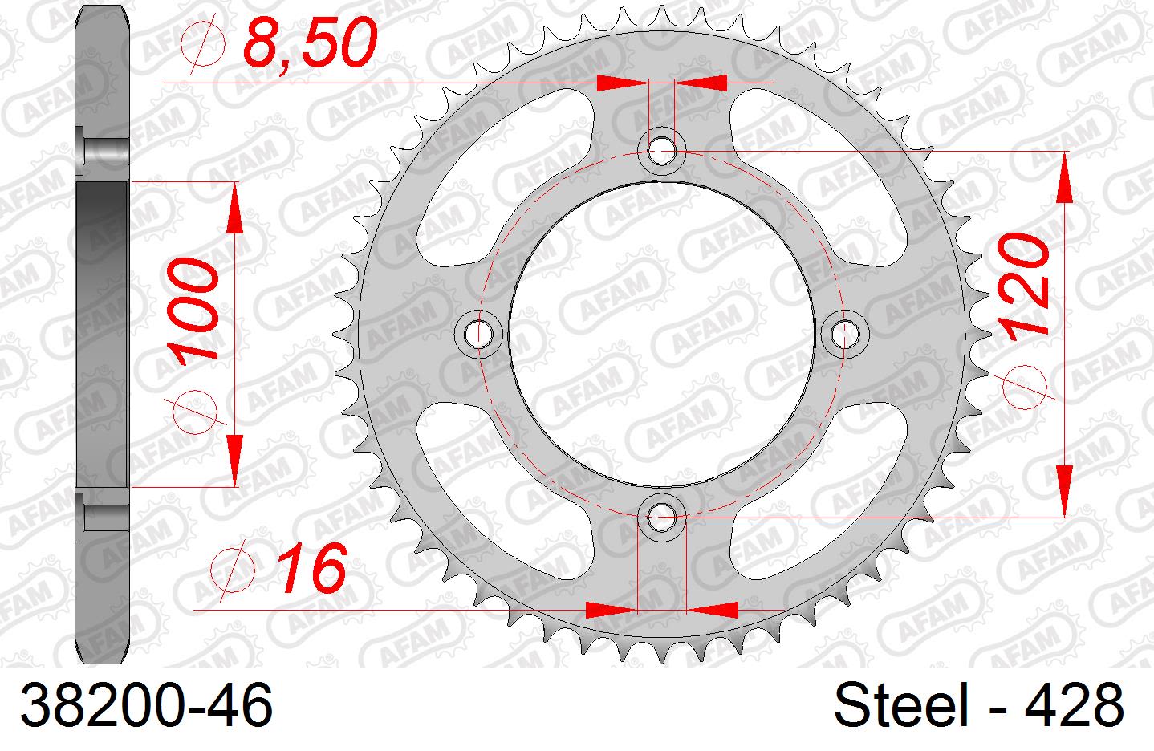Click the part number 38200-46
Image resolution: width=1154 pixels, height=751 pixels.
(147, 706)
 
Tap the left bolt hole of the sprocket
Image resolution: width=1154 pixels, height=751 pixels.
(479, 331)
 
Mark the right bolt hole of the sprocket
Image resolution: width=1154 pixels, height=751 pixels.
(843, 331)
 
